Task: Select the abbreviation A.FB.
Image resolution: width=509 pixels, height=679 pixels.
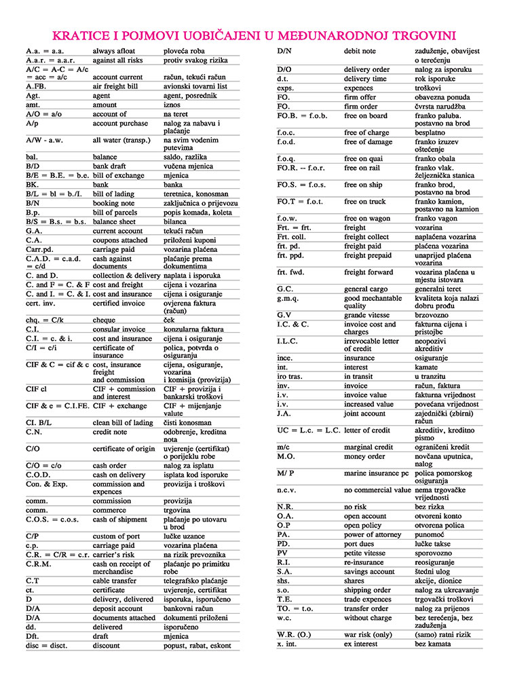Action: [37, 87]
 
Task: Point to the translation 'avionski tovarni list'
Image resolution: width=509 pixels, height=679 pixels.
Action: [195, 87]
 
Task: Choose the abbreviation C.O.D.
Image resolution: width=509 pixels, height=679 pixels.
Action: [40, 475]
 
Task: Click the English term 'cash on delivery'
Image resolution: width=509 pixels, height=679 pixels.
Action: [119, 475]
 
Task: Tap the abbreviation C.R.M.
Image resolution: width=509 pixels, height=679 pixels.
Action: [39, 564]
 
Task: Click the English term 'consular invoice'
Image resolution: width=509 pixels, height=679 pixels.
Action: [119, 329]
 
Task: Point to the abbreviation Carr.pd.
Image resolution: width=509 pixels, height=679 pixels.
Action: [39, 249]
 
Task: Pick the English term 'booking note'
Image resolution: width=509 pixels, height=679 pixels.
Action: [113, 203]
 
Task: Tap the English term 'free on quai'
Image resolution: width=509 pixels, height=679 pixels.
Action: [367, 158]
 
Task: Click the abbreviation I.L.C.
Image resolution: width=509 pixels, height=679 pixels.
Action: [288, 340]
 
